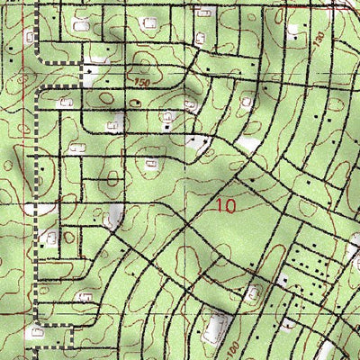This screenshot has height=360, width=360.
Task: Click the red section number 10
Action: pos(226,205)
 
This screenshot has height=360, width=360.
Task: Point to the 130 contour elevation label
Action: pos(318,39)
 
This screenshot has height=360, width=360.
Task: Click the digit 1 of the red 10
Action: pos(220,205)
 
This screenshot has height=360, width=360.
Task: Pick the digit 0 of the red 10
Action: pos(230,205)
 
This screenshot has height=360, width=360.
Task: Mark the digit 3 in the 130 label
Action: pos(318,39)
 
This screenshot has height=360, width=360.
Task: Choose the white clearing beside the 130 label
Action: pos(294,29)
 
